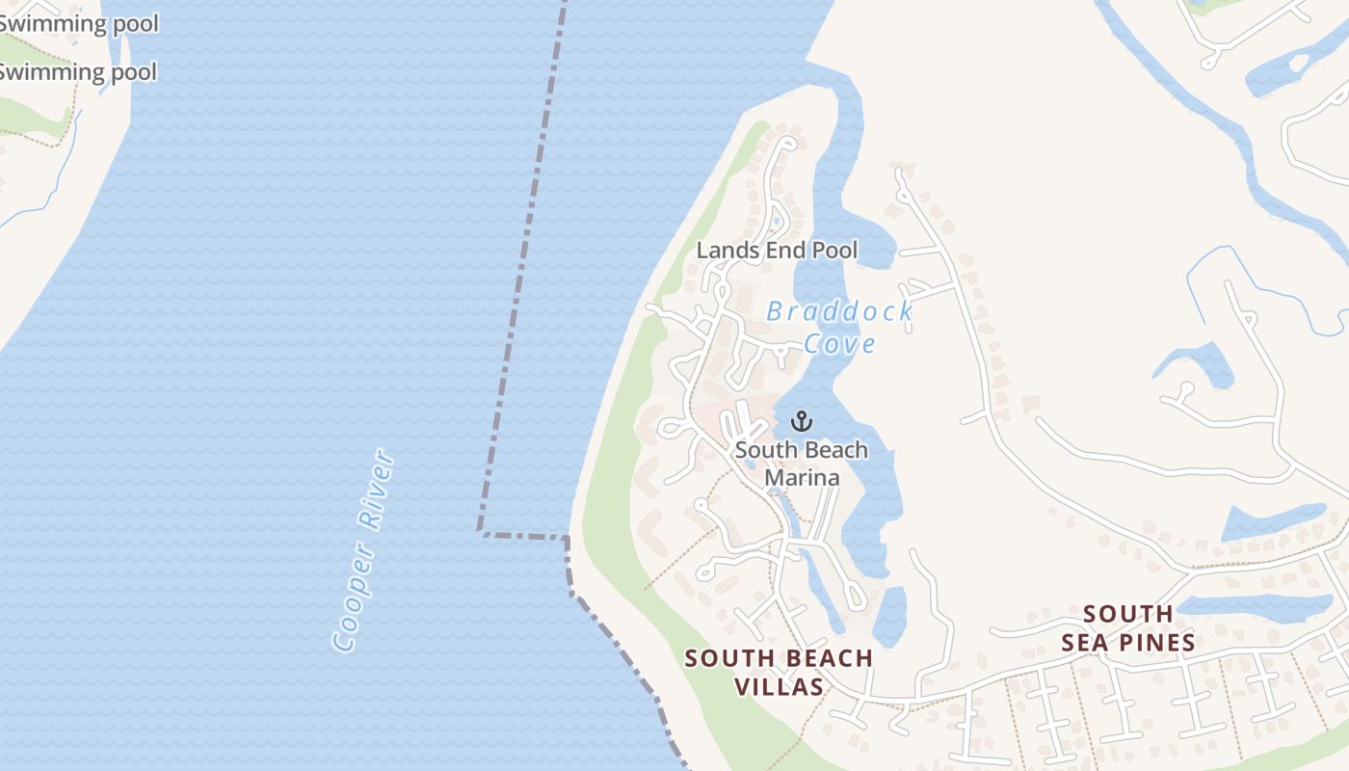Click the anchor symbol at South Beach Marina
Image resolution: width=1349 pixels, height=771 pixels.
pos(801,421)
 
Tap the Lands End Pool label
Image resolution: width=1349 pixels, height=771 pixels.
pos(777,251)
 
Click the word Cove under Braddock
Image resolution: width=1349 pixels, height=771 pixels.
pos(839,344)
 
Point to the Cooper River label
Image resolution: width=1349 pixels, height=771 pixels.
pos(363,549)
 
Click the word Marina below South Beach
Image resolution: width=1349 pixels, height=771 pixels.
pos(802,477)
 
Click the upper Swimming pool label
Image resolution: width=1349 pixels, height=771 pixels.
pos(77,23)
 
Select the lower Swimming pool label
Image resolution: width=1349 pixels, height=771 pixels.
pos(77,71)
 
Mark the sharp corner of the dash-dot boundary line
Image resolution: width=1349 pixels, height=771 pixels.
pos(480,531)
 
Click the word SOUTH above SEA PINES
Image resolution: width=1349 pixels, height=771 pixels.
pos(1127,614)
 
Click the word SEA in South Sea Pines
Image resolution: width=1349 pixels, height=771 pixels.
pos(1087,642)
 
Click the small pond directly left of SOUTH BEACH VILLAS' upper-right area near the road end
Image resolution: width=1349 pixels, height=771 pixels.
pos(888,617)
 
